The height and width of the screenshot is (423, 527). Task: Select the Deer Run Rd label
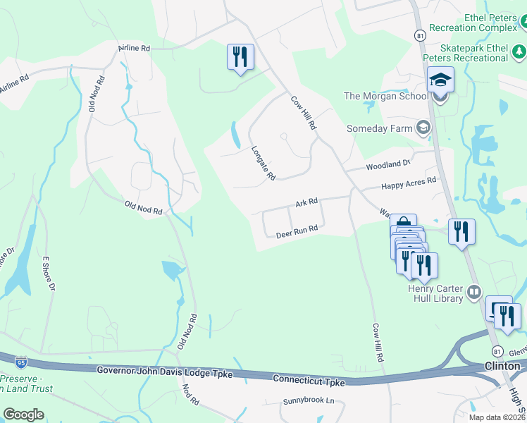(297, 231)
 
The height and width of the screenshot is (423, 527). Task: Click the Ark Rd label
(306, 202)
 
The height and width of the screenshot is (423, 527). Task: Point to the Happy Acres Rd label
(409, 183)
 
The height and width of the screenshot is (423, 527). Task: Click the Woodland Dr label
(387, 166)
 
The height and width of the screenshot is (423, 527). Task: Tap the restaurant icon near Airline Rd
(240, 56)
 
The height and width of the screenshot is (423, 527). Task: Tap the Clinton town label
(502, 365)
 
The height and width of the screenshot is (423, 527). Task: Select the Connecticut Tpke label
(310, 381)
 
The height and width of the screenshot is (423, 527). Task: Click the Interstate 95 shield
(21, 362)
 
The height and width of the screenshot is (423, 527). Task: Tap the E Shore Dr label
(49, 274)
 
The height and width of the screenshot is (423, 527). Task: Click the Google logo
(23, 415)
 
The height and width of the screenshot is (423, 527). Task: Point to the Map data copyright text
(497, 417)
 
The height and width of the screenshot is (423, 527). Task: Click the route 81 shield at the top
(420, 35)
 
